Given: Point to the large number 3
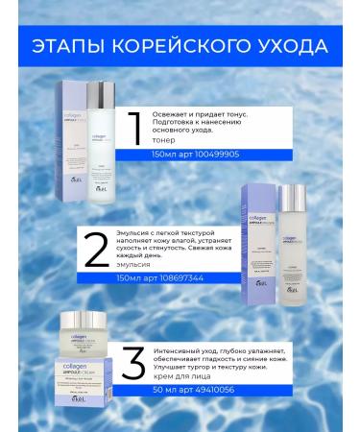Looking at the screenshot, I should tap(134, 366).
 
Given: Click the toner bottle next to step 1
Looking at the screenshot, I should tap(99, 133).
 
